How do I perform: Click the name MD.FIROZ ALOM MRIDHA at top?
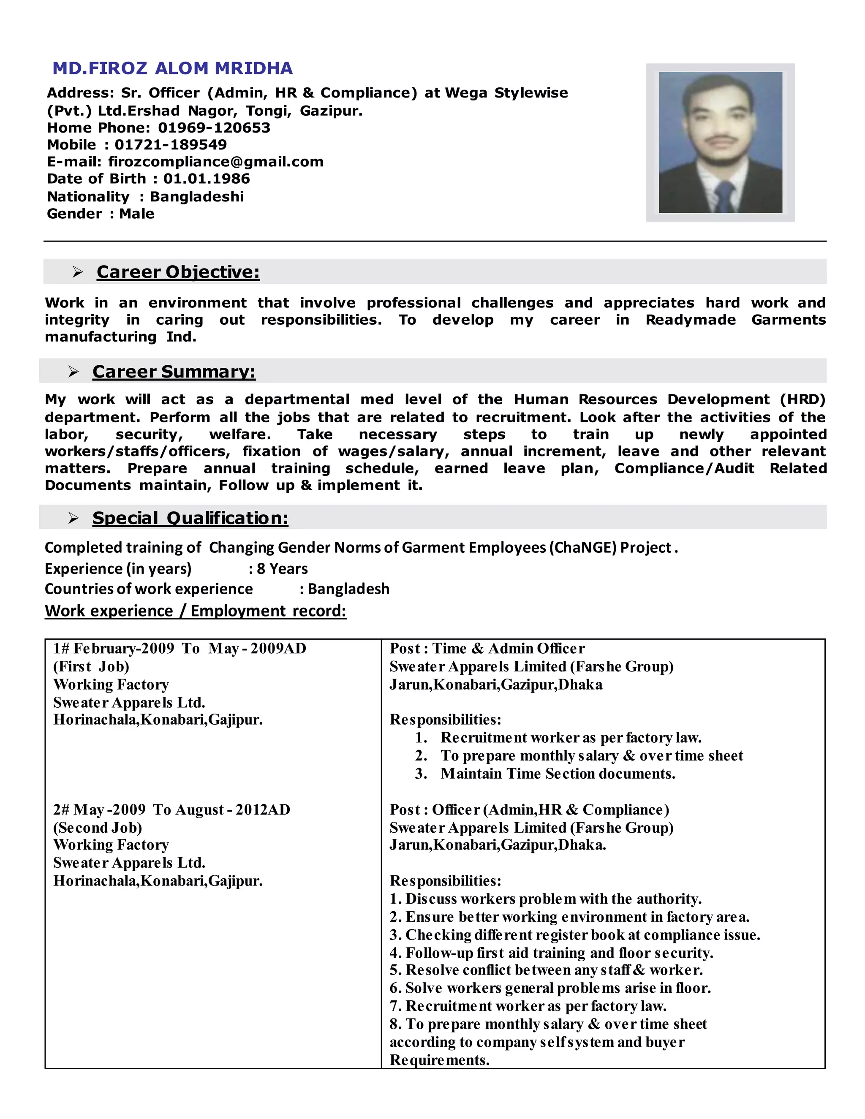coord(173,68)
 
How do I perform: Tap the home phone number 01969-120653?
coord(214,128)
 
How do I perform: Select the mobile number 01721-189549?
coord(171,144)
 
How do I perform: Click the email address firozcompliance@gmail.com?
coord(216,162)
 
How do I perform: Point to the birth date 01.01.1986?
coord(207,179)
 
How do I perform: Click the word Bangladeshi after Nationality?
coord(197,197)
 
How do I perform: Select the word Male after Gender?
coord(136,214)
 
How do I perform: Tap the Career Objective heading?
coord(178,272)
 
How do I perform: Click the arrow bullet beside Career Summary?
coord(73,372)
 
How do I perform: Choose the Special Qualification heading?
coord(190,518)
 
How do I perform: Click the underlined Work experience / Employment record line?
coord(195,611)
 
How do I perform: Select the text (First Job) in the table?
coord(91,667)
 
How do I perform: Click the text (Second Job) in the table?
coord(98,828)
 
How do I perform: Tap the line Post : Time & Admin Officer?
coord(487,649)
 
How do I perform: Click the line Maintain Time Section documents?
coord(558,774)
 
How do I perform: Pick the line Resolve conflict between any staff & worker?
coord(546,970)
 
